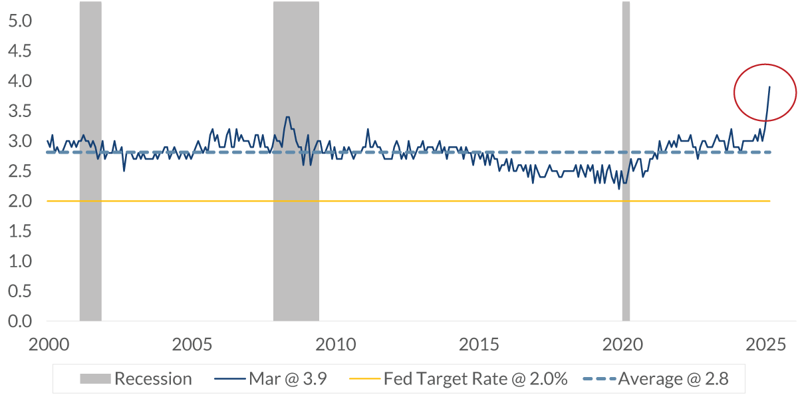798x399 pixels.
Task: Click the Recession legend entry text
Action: (x=153, y=379)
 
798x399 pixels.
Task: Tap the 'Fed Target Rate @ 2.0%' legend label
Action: (x=475, y=379)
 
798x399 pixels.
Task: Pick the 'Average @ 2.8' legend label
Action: (x=673, y=379)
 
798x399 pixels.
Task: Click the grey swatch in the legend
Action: (x=95, y=379)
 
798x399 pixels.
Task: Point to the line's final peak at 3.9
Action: (x=769, y=86)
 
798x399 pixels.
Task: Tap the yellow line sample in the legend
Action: (x=364, y=379)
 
